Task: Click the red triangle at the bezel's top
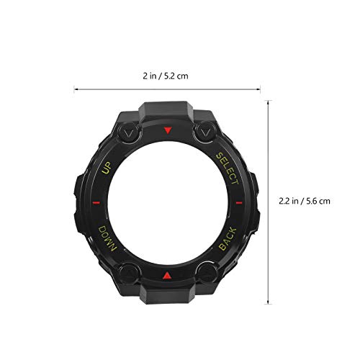pos(168,131)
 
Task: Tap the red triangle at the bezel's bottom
pos(168,276)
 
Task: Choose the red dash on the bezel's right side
pos(241,204)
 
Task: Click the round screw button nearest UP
pos(129,134)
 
